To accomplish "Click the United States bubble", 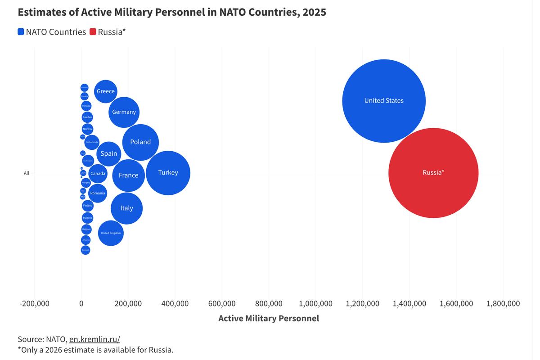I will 384,101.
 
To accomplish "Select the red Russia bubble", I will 433,173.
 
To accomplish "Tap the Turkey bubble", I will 168,173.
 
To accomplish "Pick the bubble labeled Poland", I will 140,142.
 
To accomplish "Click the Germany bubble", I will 124,112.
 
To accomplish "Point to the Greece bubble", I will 106,91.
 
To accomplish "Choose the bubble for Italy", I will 126,208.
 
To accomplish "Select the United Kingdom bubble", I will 111,233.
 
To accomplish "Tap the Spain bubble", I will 109,154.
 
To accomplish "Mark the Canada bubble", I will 98,173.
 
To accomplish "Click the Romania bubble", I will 98,193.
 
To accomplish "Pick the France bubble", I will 128,175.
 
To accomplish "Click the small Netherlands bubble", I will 91,142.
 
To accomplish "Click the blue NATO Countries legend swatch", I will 21,32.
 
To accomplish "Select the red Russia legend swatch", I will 93,32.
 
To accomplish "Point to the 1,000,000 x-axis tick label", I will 315,304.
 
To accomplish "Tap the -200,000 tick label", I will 34,304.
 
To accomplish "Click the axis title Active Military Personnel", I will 269,319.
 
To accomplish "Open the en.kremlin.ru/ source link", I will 94,339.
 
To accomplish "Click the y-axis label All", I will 27,173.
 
